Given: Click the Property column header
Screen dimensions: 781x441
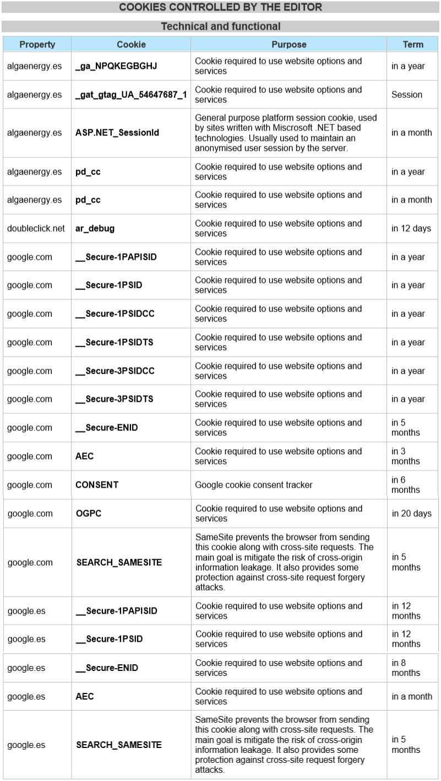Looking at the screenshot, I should tap(37, 45).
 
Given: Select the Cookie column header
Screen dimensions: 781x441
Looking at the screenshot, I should tap(131, 45).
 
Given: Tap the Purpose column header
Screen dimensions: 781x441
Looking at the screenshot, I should tap(288, 45).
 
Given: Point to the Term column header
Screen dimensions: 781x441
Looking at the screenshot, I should tap(413, 45).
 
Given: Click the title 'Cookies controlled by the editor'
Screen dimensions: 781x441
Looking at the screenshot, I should tap(220, 7).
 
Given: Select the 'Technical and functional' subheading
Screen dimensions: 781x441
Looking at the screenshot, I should tap(220, 26).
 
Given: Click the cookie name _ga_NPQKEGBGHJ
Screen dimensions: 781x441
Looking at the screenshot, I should tap(116, 66).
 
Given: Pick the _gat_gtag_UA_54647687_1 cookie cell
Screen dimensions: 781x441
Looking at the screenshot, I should tap(131, 95).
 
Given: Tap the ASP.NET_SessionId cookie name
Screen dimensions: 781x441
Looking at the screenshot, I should tap(117, 133).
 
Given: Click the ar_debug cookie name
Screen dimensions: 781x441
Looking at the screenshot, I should tap(95, 228).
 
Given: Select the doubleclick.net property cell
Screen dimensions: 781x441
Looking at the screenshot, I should tap(36, 228).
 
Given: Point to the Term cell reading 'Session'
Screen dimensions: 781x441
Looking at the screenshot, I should tap(407, 95).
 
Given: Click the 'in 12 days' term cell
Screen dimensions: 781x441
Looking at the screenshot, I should tap(411, 228).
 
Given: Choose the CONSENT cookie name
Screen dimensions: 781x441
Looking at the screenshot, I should tap(97, 485).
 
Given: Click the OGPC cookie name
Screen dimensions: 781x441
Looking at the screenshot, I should tap(89, 514).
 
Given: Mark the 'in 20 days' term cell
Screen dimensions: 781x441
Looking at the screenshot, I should tap(412, 514).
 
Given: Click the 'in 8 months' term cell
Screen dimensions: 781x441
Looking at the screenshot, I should tap(406, 668).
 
